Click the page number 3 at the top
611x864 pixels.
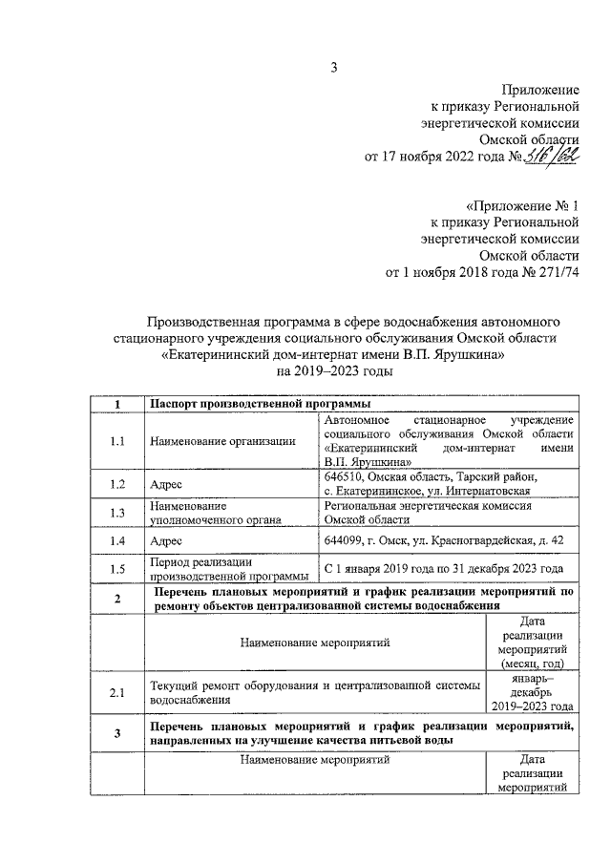(x=333, y=66)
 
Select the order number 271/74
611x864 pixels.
(x=557, y=273)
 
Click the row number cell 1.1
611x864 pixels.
(x=116, y=441)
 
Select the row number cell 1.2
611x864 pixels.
(x=116, y=484)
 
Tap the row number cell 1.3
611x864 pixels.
(x=116, y=513)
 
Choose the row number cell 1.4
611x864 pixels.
(x=116, y=540)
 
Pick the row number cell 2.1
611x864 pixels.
(x=116, y=693)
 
